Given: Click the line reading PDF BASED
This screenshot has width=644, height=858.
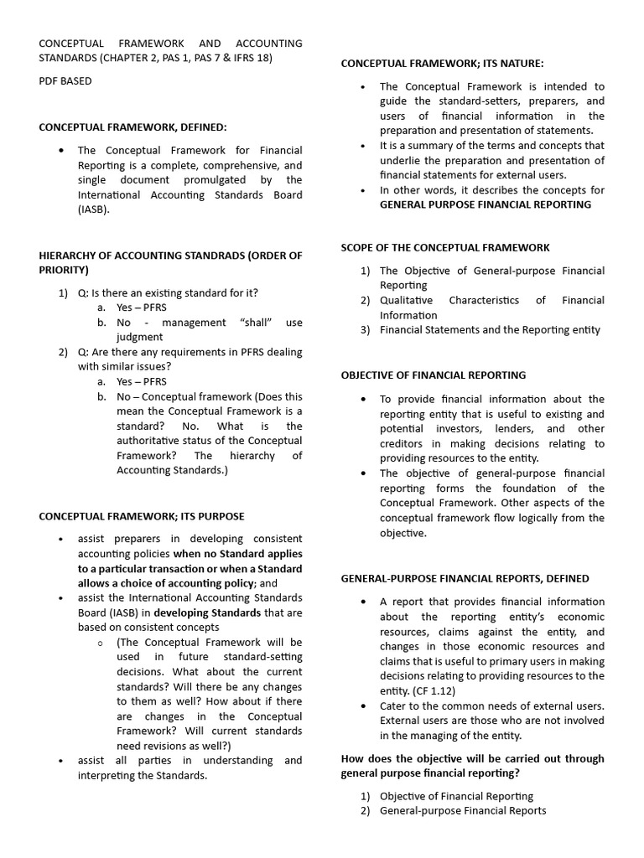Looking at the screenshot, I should (65, 81).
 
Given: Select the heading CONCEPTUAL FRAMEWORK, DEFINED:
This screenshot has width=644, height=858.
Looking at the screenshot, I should (132, 127).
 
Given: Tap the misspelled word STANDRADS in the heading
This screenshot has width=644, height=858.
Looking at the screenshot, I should (208, 256).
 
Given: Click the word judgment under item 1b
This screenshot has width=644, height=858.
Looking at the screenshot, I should (139, 337).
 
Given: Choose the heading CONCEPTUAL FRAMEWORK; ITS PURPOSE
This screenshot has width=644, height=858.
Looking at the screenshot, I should (142, 516).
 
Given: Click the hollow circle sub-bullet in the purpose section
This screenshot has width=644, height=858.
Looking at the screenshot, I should (99, 643).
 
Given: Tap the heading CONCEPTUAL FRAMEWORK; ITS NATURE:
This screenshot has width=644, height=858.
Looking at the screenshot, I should (443, 63).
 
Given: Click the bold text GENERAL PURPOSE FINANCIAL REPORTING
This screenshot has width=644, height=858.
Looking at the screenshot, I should (485, 204).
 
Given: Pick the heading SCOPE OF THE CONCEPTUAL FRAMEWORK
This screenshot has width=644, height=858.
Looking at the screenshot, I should (445, 247).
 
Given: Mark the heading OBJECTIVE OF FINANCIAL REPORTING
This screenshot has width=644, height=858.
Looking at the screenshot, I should (434, 375).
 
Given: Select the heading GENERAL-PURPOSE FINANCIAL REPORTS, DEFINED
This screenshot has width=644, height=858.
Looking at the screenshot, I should (465, 578).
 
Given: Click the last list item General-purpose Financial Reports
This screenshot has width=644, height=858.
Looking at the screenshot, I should (463, 810).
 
